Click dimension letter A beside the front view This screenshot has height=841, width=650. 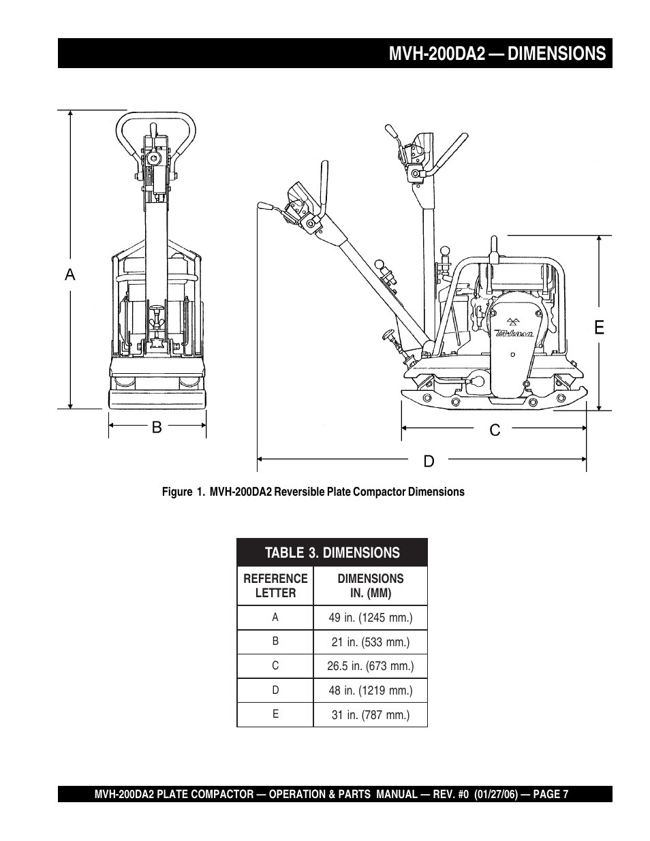coord(70,274)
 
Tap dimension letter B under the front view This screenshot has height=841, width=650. coord(157,427)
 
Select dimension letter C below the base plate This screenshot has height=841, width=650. coord(495,430)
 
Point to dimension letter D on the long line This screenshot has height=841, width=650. coord(429,461)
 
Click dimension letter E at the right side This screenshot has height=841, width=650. coord(599,328)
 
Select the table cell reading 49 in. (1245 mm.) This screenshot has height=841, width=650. coord(371,618)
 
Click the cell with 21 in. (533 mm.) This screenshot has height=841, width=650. coord(371,642)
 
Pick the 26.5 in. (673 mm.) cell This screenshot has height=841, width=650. coord(371,666)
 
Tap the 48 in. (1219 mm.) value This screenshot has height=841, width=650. coord(371,691)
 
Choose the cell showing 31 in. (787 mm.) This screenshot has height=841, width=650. coord(371,715)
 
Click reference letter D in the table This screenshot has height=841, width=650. coord(275,690)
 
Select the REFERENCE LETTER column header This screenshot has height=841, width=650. coord(275,586)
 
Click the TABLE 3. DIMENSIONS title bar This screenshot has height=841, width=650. coord(332,553)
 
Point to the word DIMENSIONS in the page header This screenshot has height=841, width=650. coord(557,53)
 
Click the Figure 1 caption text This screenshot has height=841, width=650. coord(313,492)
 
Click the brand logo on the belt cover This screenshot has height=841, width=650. coord(514,329)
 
